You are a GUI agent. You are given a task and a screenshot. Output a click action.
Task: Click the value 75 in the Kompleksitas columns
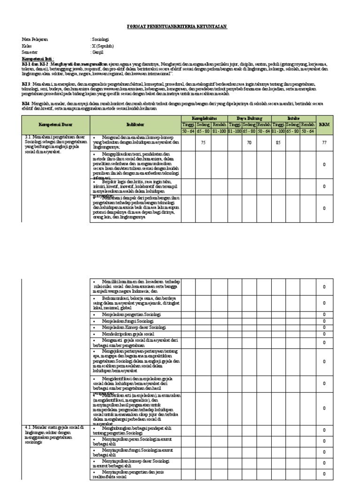[204, 142]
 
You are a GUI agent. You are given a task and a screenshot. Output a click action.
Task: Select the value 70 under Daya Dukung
[250, 142]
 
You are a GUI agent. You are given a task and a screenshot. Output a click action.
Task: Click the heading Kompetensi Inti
[39, 60]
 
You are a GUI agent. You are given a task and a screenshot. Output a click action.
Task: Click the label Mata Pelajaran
[35, 40]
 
